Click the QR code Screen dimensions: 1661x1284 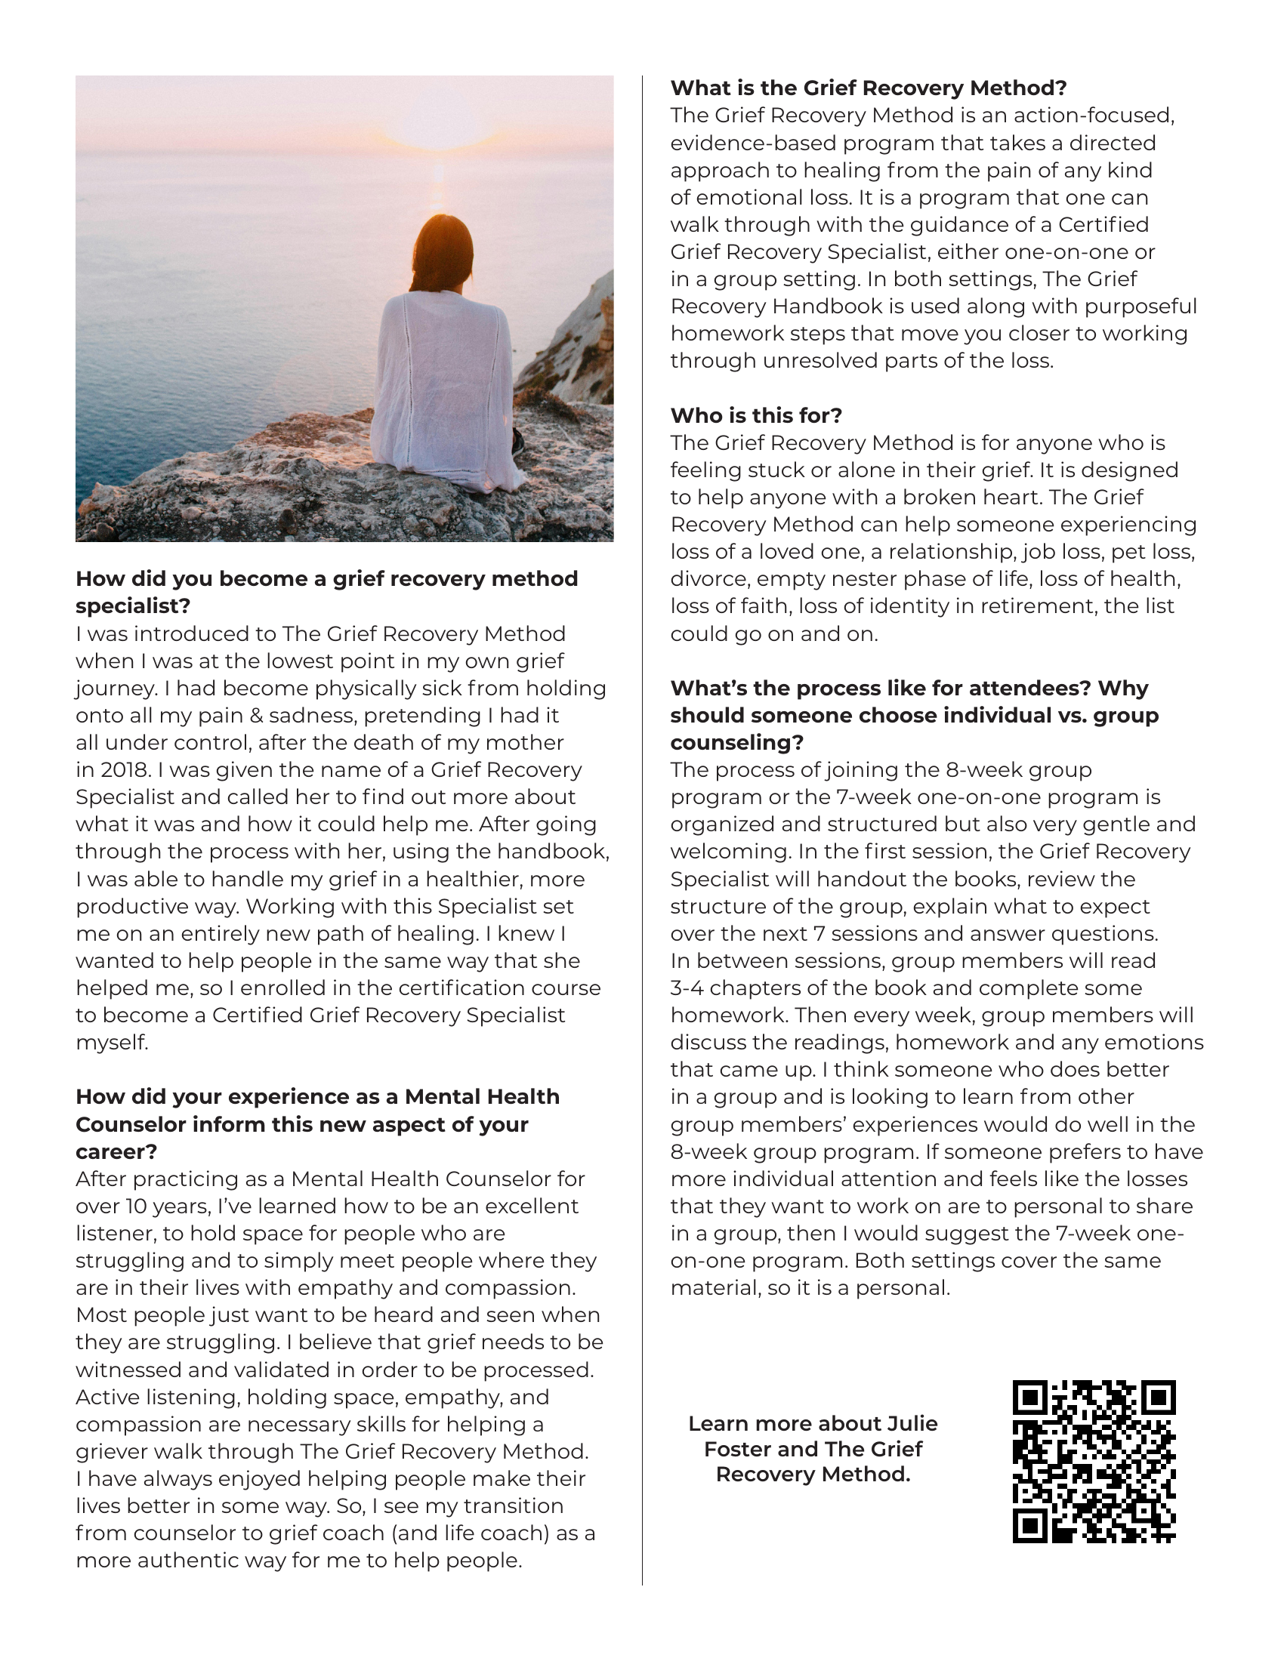[1094, 1461]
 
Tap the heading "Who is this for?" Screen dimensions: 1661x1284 [756, 415]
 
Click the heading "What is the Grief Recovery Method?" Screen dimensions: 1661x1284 [869, 88]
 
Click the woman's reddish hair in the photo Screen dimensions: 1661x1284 [441, 251]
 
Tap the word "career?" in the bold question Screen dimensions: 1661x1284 [116, 1151]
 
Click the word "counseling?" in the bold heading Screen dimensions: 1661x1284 [736, 742]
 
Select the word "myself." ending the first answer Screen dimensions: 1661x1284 [112, 1043]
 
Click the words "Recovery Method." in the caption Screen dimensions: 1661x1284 [813, 1475]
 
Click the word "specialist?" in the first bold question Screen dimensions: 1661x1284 [132, 606]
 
